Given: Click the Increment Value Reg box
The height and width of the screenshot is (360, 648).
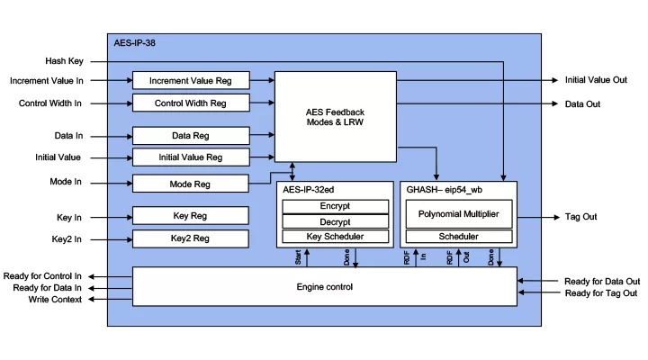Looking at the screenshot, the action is (191, 81).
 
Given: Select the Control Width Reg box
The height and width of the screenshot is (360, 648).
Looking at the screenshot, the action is (191, 103).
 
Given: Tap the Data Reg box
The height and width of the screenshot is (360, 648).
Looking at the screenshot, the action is (191, 136).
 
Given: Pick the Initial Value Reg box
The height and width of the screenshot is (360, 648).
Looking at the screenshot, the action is (191, 157).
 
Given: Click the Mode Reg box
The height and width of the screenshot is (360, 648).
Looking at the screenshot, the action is (191, 184).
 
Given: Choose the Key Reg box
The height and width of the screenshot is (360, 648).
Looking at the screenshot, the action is (191, 216).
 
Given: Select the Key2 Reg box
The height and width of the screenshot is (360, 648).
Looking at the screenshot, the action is (191, 238).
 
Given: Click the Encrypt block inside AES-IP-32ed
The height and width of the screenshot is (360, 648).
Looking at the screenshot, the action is (335, 206).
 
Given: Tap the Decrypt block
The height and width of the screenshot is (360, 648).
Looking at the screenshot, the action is (335, 221).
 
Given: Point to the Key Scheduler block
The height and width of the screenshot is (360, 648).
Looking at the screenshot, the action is (335, 237).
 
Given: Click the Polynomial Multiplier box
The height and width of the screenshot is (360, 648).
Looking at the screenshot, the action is (459, 214).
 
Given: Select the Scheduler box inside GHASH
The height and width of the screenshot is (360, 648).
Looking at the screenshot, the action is (459, 237).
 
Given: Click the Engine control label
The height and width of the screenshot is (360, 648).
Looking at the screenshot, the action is (325, 287).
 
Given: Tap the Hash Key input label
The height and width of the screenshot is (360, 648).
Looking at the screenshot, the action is (65, 61).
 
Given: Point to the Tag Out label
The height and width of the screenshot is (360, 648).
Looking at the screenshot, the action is (581, 217).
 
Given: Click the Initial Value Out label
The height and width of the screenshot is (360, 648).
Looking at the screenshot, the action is (596, 80).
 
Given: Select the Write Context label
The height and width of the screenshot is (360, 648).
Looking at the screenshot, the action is (55, 299).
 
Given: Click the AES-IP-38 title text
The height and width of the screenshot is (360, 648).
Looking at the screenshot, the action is (135, 43).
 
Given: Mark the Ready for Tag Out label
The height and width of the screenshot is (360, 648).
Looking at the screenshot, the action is (601, 293).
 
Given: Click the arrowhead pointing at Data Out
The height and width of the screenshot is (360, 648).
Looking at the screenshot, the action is (555, 103).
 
